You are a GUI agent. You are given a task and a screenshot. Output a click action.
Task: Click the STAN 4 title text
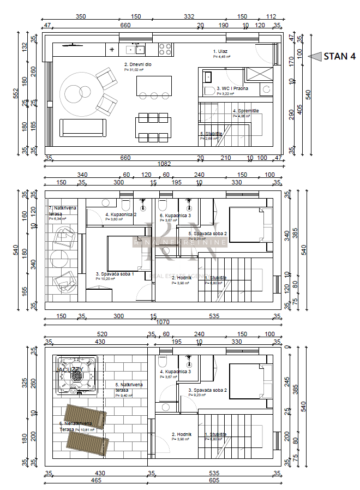tap(339, 56)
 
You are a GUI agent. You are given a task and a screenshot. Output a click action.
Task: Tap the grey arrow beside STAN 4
tap(315, 56)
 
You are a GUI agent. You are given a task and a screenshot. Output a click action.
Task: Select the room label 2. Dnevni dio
tap(134, 65)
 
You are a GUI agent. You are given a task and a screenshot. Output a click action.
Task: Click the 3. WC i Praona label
tap(232, 88)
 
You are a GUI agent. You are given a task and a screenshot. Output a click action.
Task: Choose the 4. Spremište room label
tap(245, 111)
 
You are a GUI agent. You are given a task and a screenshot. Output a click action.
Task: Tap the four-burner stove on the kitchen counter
tap(165, 50)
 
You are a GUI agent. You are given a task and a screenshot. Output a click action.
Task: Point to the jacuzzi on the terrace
tap(77, 374)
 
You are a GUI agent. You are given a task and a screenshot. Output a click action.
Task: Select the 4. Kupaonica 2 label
tap(121, 214)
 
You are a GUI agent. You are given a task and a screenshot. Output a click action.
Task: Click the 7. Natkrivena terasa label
tap(62, 211)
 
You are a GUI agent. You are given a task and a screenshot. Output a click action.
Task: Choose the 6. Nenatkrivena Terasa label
tap(76, 426)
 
